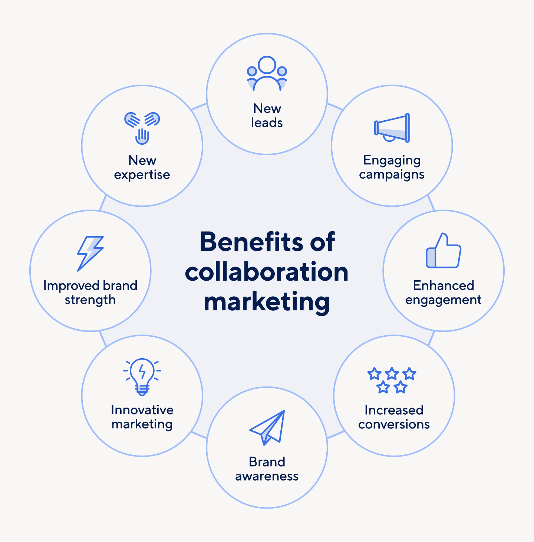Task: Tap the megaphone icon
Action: tap(392, 128)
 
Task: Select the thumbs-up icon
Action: tap(444, 251)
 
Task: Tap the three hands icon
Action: tap(142, 128)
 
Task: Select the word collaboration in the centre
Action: tap(267, 272)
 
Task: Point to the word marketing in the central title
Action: tap(267, 302)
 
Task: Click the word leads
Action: tap(267, 123)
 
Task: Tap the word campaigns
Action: tap(392, 174)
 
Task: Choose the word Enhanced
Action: tap(444, 285)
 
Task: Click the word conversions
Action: tap(394, 424)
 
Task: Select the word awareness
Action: tap(267, 476)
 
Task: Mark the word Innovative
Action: tap(142, 410)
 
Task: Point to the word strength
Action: tap(90, 300)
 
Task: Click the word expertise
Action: tap(142, 175)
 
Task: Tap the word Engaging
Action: tap(392, 160)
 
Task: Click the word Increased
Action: tap(394, 410)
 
